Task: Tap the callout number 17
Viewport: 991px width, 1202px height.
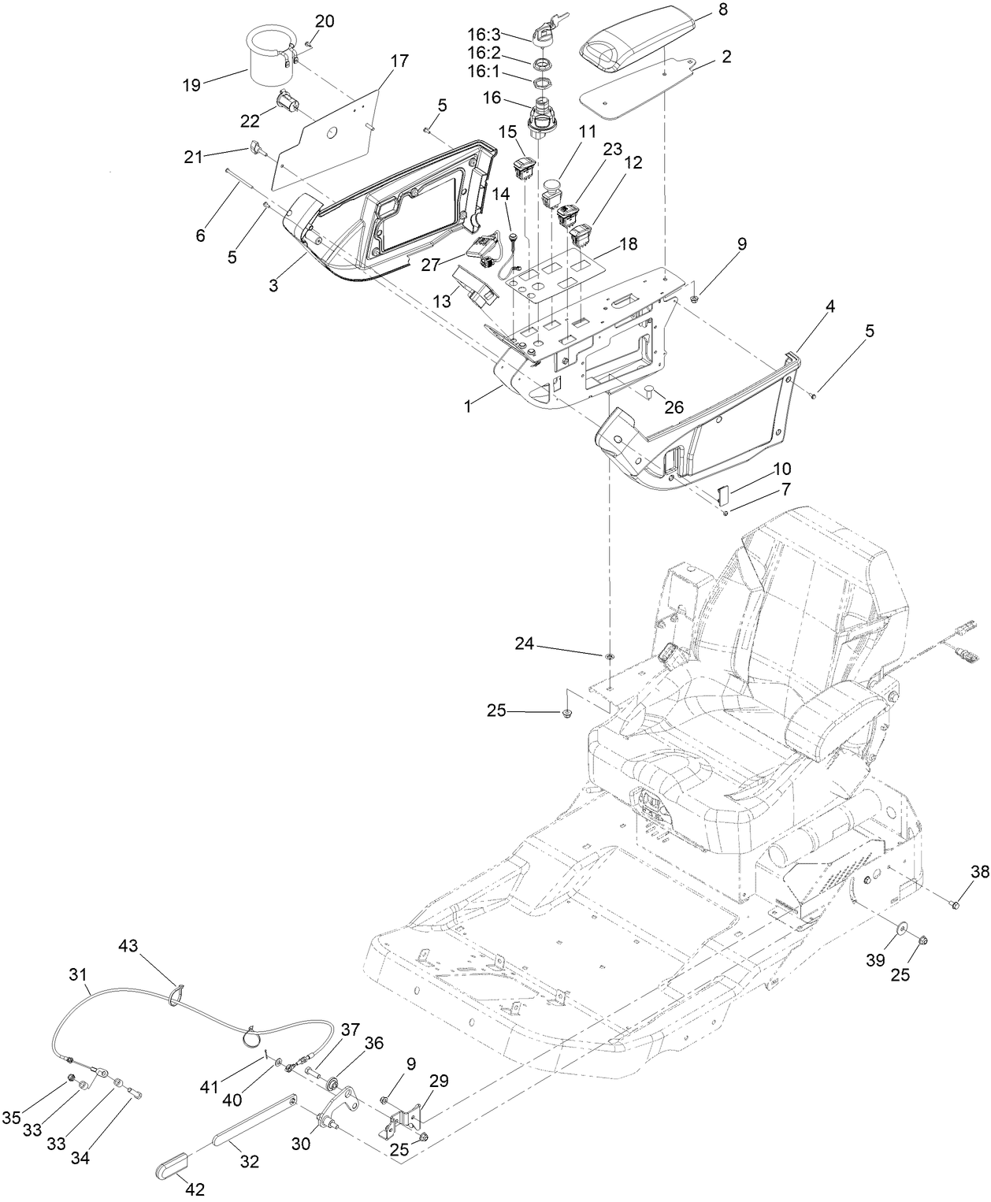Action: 399,60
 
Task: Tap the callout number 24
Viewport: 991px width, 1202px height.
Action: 525,644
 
